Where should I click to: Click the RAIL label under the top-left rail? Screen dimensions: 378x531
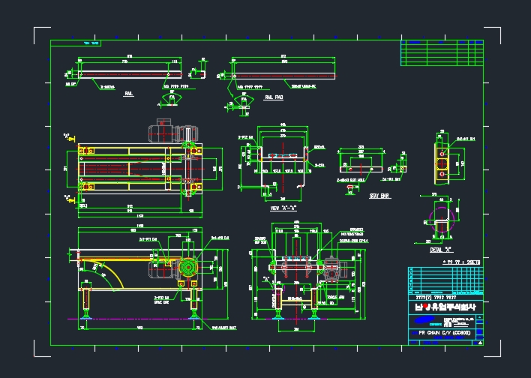click(x=129, y=94)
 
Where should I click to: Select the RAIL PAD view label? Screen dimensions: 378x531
click(x=274, y=97)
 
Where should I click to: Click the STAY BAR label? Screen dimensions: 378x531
click(x=379, y=196)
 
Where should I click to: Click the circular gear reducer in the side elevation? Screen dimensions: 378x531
click(x=187, y=268)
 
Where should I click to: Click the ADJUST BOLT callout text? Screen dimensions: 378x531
click(x=223, y=327)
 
